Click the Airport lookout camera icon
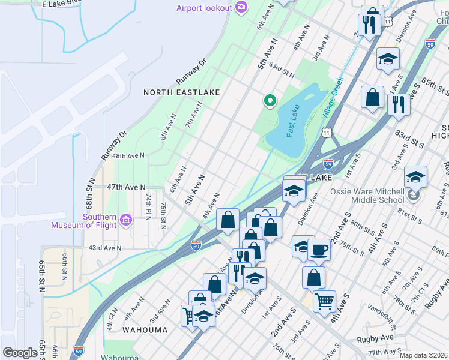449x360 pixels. (x=241, y=7)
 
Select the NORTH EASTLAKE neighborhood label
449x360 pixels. (x=181, y=92)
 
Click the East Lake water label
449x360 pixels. (x=294, y=121)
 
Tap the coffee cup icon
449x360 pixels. (x=319, y=250)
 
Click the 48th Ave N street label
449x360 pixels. (x=128, y=155)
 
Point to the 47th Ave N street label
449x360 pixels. (x=127, y=187)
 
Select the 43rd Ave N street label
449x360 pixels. (x=105, y=247)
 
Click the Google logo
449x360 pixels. (x=20, y=353)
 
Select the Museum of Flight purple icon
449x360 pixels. (x=125, y=221)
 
